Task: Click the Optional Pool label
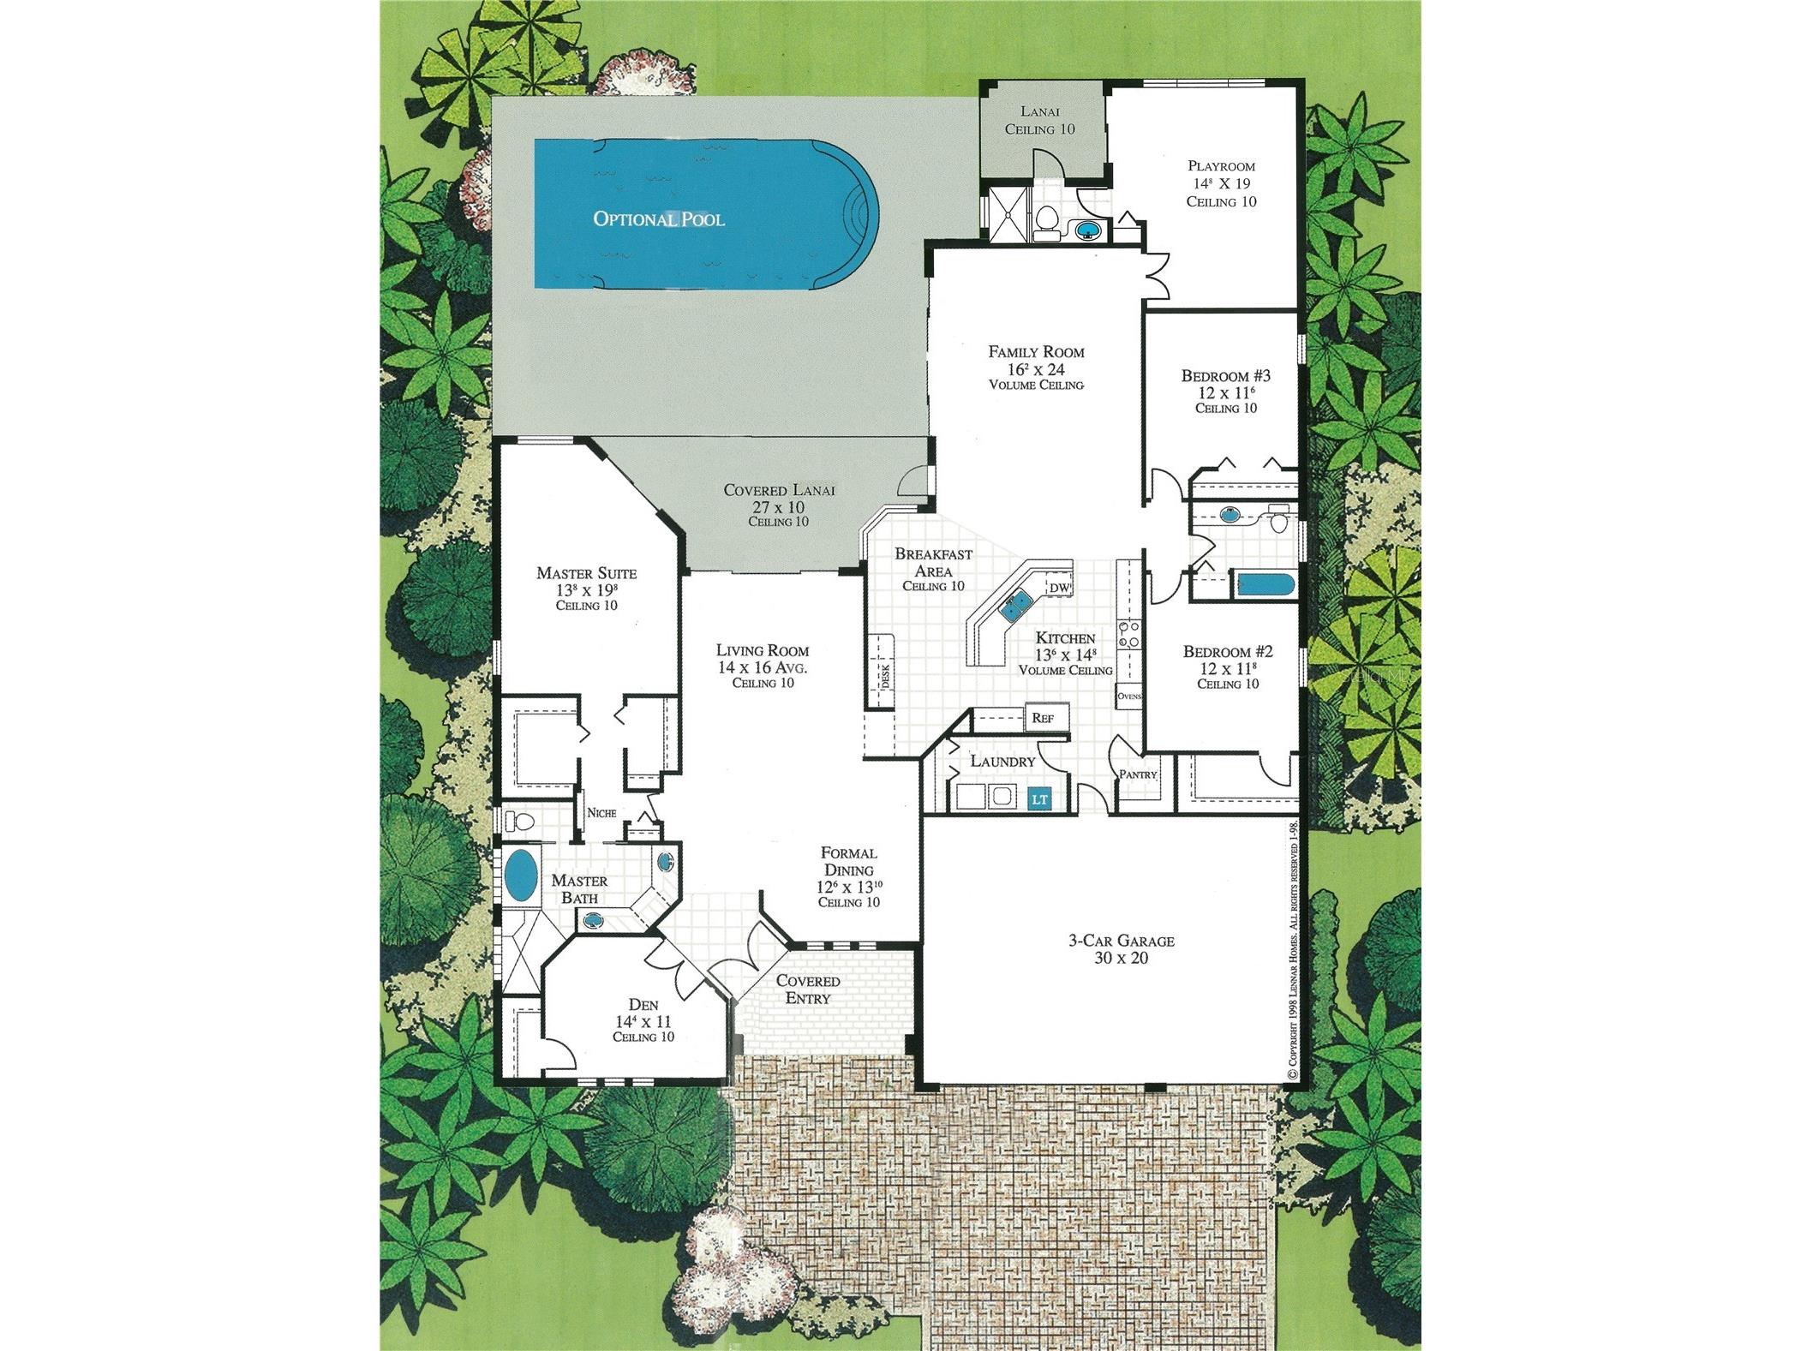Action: pos(658,218)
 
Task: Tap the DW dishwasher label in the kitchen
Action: pos(1059,588)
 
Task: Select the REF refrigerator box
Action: pos(1043,718)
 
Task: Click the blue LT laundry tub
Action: pos(1038,799)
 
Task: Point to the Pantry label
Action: pos(1138,774)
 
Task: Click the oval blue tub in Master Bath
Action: pos(520,876)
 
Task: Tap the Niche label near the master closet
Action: pos(601,812)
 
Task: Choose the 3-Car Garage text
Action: pos(1121,940)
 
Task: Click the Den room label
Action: pos(643,1004)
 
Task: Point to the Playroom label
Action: pos(1221,166)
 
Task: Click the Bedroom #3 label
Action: pos(1225,375)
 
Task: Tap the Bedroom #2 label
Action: pos(1227,651)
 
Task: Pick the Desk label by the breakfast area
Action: pos(885,677)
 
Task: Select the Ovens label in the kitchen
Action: pos(1129,696)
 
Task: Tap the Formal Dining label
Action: pos(848,861)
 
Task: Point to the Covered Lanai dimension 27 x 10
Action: pos(778,507)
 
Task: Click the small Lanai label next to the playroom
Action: pos(1039,111)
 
